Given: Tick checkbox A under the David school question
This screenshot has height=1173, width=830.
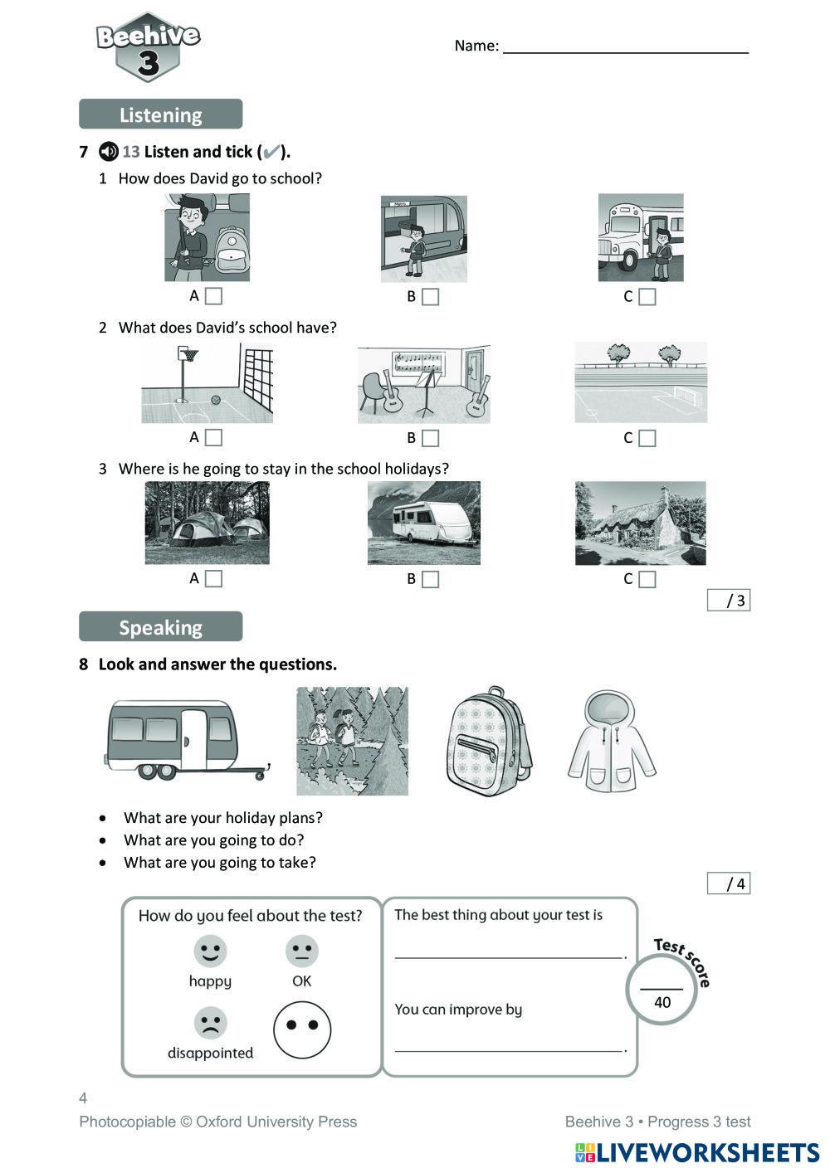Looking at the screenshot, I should click(213, 296).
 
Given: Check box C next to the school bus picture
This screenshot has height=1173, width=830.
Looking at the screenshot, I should click(647, 297).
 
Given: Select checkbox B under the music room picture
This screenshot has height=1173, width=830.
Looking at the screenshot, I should click(430, 438).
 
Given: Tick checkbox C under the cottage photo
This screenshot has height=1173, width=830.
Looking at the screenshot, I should click(647, 579).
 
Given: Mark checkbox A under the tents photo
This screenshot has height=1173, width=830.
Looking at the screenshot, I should click(213, 578).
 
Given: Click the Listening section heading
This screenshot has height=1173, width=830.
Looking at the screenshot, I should click(160, 114).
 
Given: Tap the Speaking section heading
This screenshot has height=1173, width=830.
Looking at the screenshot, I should click(160, 627).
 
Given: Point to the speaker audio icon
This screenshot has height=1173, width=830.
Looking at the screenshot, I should click(108, 152).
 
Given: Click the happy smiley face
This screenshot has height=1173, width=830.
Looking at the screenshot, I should click(210, 951).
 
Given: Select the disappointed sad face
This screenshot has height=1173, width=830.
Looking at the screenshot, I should click(210, 1023).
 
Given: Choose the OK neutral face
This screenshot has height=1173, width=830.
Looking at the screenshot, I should click(301, 951).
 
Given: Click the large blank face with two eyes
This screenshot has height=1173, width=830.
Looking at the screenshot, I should click(302, 1029).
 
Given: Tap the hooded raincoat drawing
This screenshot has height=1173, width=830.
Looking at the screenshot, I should click(611, 741).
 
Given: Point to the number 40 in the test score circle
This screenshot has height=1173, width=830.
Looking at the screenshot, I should click(662, 1002).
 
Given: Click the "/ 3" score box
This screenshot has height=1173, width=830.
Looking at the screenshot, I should click(728, 601).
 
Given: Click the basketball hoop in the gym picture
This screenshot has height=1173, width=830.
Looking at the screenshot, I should click(190, 355).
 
